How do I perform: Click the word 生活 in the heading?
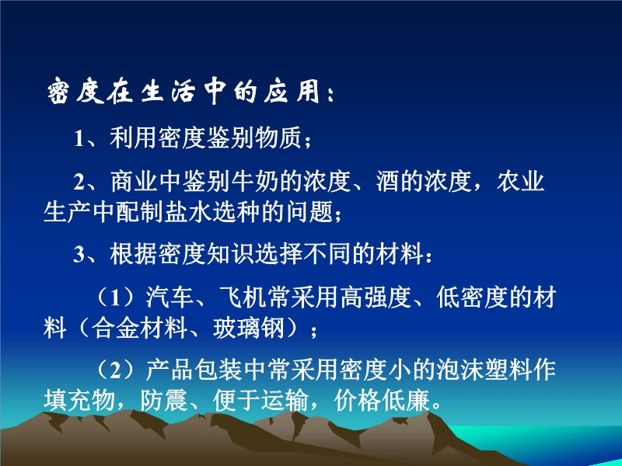pos(168,92)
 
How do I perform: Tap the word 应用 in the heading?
pos(292,92)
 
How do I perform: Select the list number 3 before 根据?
pos(79,255)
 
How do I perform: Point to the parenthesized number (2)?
pos(115,370)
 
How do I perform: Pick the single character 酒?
pos(388,182)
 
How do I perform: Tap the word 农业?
pos(520,182)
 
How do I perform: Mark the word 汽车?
pos(169,297)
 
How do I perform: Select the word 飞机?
pos(243,297)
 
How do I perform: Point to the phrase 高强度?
pos(376,297)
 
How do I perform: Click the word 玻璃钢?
pos(249,328)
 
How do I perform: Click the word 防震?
pos(164,401)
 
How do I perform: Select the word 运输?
pos(285,401)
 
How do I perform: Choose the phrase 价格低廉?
pos(383,401)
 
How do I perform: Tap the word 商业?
pos(134,182)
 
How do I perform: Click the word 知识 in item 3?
pos(230,255)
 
